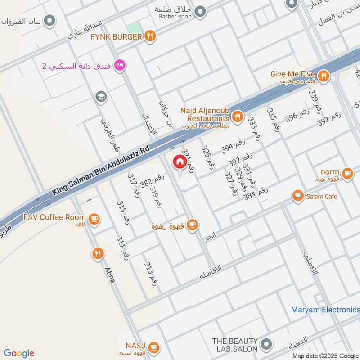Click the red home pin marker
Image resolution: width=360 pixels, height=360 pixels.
tap(180, 162)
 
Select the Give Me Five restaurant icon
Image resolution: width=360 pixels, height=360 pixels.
tap(322, 74)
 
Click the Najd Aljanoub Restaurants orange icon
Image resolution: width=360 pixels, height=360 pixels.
tap(238, 117)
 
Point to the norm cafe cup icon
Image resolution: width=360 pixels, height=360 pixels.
tap(347, 172)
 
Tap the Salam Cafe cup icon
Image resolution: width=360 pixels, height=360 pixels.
tap(297, 195)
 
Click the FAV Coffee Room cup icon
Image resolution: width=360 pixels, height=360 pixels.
tap(94, 219)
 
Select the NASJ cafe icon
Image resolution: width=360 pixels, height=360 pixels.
tap(153, 347)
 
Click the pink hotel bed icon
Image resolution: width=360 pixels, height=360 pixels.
tap(120, 66)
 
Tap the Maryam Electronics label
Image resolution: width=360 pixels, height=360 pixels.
tap(325, 310)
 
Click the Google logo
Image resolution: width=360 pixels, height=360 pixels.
tap(19, 353)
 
